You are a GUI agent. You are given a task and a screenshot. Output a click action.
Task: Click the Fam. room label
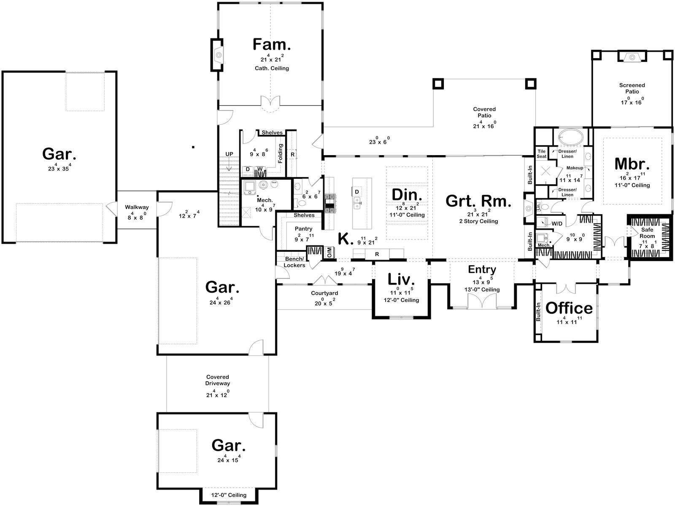272,45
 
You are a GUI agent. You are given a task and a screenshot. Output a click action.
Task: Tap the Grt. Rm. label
478,202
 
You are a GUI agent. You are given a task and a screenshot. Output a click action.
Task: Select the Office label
569,308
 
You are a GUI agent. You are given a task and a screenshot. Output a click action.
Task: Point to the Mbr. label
632,164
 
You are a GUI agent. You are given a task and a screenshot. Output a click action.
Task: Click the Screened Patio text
632,89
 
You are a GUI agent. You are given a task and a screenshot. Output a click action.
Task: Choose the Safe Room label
647,233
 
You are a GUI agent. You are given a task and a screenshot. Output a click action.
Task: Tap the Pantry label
303,229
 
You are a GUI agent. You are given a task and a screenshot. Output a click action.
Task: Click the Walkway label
137,207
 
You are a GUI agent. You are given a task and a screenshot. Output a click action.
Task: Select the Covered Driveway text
218,380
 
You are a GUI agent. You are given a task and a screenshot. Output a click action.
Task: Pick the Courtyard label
324,293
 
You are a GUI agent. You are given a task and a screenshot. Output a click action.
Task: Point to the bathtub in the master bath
570,136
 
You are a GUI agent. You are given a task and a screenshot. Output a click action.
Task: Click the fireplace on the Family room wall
217,55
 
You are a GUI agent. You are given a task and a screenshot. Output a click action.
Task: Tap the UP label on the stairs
229,154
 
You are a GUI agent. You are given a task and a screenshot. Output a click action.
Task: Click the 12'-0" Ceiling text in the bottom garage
229,495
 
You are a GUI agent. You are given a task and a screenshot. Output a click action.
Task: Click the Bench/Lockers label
294,262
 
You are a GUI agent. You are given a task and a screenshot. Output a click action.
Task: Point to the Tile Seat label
542,154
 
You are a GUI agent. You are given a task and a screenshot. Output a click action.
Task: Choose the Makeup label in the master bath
575,168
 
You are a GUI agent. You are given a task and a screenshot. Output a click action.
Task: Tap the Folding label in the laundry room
281,153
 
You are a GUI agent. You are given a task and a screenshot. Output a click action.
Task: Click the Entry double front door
482,301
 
